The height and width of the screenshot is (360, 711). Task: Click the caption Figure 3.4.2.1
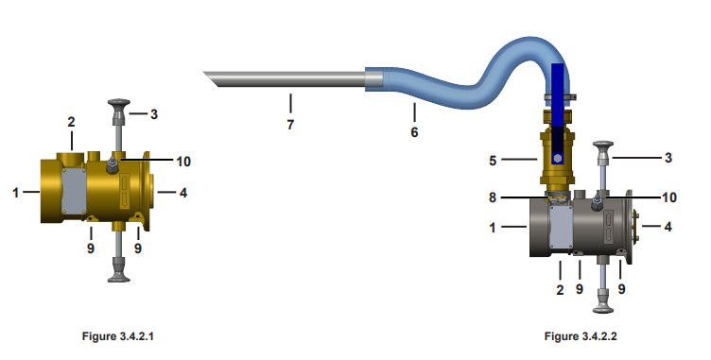pos(118,336)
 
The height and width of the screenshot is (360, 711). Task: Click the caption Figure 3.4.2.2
pos(581,336)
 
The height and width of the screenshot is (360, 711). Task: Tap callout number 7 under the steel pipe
pos(290,124)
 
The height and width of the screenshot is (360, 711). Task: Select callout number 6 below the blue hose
pos(414,132)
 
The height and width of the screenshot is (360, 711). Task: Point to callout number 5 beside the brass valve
pos(493,161)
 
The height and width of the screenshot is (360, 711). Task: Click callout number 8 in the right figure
pos(493,197)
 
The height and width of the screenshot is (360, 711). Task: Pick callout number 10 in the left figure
pos(183,162)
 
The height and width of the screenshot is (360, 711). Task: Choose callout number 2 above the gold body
pos(71,122)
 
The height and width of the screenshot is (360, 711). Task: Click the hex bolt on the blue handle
pos(558,158)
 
